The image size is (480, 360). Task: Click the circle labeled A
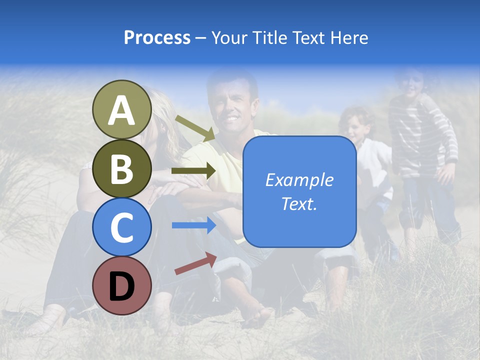122,110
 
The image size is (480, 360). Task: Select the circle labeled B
122,168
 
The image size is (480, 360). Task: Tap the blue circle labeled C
122,227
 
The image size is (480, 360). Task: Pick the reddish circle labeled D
122,285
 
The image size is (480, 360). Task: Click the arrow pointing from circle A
194,127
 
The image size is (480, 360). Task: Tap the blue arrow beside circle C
193,225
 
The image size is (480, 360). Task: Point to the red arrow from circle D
195,264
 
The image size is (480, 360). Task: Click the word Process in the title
157,37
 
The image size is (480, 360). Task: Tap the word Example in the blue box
299,180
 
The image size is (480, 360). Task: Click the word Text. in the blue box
299,203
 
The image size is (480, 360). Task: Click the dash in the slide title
200,38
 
